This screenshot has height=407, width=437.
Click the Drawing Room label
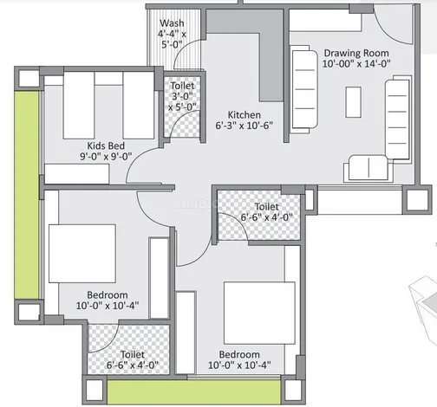coord(356,53)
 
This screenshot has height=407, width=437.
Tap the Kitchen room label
coord(245,115)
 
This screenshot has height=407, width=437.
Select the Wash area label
coord(172,23)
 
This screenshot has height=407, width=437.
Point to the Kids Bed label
coord(106,145)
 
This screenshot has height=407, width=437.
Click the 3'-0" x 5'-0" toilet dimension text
coord(182,101)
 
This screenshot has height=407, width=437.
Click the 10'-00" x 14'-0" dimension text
coord(356,63)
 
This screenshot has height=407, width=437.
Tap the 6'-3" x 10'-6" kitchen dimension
coord(245,126)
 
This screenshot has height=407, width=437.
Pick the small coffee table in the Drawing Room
coord(353,102)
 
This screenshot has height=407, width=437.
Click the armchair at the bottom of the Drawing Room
coord(369,168)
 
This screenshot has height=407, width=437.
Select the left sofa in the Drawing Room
coord(304,89)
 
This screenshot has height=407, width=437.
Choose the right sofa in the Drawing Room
coord(398,118)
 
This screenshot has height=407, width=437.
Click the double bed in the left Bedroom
coord(82,254)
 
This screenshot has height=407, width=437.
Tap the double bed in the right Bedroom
coord(259,313)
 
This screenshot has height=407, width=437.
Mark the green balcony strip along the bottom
coord(193,392)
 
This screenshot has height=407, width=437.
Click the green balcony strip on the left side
coord(27,195)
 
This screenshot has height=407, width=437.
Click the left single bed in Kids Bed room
coord(79,106)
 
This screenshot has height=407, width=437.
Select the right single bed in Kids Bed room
coord(139,106)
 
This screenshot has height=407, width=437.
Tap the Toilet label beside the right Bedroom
coord(266,207)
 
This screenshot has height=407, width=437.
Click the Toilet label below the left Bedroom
coord(133,354)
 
